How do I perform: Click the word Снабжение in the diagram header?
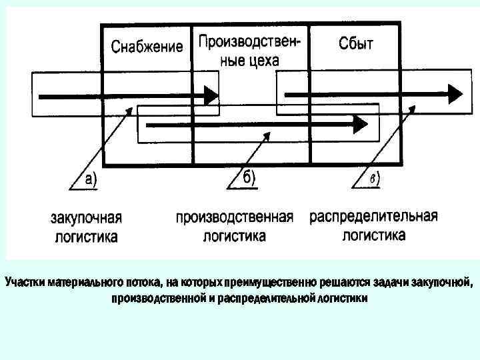tap(147, 46)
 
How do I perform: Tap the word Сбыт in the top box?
tap(356, 44)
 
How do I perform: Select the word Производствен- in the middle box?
tap(249, 42)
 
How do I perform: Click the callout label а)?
tap(87, 179)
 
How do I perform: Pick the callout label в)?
tap(375, 178)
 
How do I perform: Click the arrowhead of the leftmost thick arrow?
tap(211, 96)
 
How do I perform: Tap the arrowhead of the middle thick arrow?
tap(361, 124)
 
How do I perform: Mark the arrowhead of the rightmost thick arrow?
tap(457, 93)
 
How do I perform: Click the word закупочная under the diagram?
tap(87, 218)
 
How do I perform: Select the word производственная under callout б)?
tap(235, 218)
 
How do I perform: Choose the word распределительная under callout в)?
tap(373, 217)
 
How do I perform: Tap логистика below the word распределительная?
tap(373, 235)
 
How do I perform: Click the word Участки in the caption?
tap(25, 283)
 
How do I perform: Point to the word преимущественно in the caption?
tap(265, 283)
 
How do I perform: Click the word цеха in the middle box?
tap(263, 60)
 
